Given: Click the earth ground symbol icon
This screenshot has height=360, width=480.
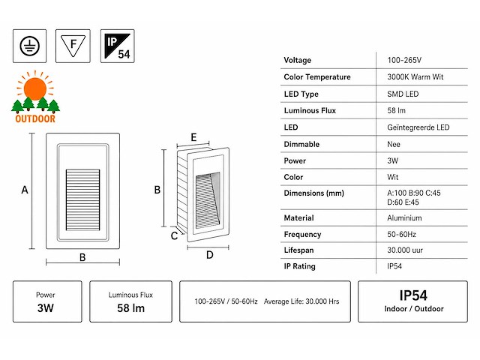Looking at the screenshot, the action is [x=30, y=46].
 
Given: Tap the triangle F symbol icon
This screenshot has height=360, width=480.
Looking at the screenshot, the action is [x=73, y=46].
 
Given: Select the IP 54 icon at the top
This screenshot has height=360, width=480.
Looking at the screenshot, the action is [x=118, y=46].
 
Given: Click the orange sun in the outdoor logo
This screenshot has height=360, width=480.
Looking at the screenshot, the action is [x=35, y=88].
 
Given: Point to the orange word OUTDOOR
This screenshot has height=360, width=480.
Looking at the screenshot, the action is [x=35, y=118].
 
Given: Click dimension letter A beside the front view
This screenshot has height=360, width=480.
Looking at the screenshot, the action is [x=25, y=190].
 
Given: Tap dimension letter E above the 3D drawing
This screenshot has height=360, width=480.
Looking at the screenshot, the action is [x=193, y=137].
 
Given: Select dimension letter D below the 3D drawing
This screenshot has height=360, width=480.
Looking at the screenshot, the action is [x=210, y=255].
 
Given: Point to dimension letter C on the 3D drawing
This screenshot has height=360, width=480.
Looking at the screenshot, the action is [x=174, y=235].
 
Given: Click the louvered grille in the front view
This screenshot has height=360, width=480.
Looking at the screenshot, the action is [x=83, y=200].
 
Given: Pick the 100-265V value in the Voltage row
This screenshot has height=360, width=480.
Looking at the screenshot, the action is [x=404, y=60].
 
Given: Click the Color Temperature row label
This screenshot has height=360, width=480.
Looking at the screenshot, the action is [x=317, y=76].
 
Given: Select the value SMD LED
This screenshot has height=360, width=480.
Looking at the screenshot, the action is [x=403, y=94].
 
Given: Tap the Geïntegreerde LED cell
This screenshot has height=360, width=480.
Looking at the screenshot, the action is [x=418, y=127].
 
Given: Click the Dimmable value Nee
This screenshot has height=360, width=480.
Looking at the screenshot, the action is [x=394, y=144].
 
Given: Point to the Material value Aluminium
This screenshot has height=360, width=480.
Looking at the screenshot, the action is [x=404, y=218].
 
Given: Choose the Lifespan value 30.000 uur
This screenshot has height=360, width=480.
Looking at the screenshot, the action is [x=405, y=250].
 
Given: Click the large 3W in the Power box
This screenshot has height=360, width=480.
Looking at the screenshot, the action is [x=46, y=308].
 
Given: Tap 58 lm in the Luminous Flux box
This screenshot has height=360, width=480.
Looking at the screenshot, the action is [x=130, y=308].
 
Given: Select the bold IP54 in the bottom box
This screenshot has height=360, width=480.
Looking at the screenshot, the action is [x=413, y=295].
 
